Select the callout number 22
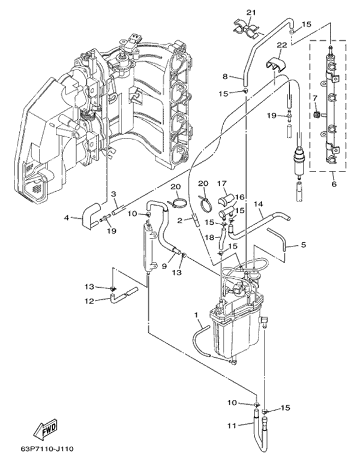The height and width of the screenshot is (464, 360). click(281, 46)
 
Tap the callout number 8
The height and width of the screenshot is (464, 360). click(226, 76)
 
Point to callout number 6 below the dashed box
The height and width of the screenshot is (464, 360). click(334, 184)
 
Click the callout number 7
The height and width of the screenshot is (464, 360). click(314, 97)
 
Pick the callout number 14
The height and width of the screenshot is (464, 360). click(259, 204)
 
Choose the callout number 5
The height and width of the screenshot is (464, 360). click(304, 245)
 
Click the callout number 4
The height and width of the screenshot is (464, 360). click(67, 218)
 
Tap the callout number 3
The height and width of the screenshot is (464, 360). click(113, 194)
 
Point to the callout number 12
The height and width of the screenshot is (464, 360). click(89, 301)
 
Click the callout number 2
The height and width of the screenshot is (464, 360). click(179, 221)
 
